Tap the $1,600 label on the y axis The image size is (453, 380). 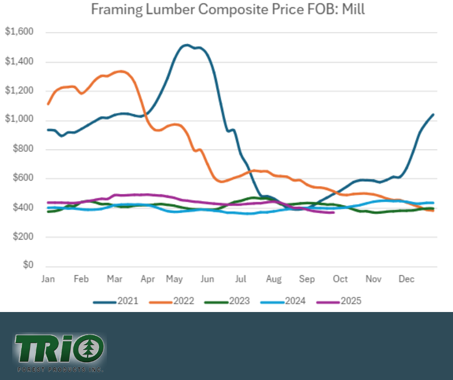click(x=19, y=32)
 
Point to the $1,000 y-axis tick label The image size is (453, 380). click(x=19, y=120)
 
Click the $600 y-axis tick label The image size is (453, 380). click(x=22, y=178)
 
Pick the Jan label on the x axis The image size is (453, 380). click(x=48, y=279)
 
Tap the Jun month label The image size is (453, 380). click(x=207, y=279)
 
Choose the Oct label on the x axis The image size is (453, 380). click(x=340, y=279)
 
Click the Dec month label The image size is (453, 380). click(x=407, y=279)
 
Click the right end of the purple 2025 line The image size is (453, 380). click(x=333, y=212)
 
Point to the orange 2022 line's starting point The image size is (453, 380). click(x=48, y=104)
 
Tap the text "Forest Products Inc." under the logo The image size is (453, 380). click(x=60, y=370)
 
